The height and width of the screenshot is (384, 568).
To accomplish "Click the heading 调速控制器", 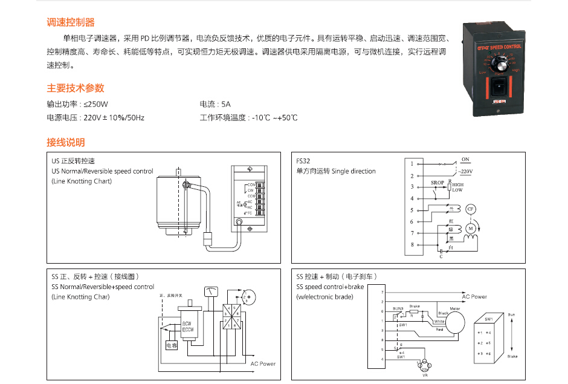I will (71, 22).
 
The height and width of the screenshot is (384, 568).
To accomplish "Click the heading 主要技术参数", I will (76, 88).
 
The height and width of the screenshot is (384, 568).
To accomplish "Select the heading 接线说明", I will (66, 143).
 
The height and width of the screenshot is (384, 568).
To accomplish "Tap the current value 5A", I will (226, 104).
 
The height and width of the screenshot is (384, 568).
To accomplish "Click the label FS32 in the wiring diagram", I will (303, 161).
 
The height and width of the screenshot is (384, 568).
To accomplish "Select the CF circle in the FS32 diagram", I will (471, 209).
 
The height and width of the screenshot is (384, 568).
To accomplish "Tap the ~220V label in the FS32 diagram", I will (465, 172).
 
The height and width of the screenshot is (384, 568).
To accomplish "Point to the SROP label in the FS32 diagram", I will (437, 182).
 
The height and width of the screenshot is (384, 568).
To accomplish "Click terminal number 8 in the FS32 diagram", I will (412, 245).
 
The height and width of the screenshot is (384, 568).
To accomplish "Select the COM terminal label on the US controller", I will (251, 183).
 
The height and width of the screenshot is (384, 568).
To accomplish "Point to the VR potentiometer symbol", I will (424, 365).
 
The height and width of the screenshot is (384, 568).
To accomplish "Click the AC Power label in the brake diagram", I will (474, 296).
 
